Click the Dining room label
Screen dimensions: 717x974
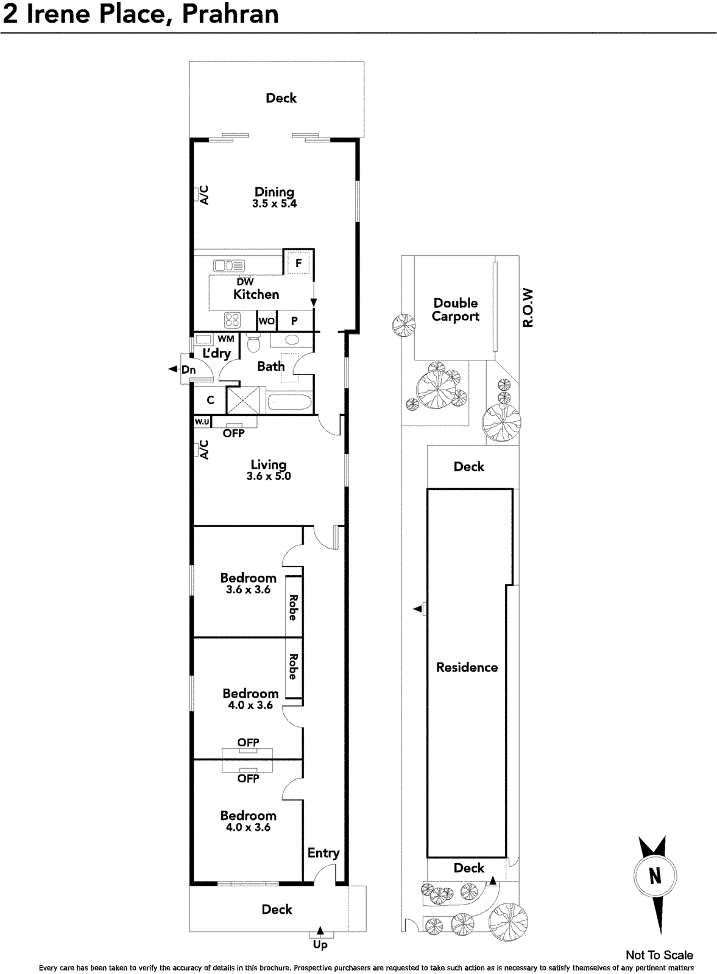tap(274, 192)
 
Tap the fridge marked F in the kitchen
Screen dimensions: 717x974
tap(298, 262)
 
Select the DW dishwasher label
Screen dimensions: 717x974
tap(245, 282)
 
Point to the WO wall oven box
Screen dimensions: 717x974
tap(267, 321)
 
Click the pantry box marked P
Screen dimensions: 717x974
tap(295, 321)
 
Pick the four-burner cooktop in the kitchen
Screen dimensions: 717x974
tap(232, 320)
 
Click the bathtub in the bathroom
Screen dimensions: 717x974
tap(290, 402)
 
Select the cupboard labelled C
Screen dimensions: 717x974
tap(210, 400)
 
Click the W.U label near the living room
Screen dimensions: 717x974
tap(202, 421)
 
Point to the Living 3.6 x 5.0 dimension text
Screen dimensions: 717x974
tap(269, 476)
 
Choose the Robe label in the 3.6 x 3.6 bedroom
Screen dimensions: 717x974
tap(294, 608)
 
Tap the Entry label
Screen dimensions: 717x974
tap(323, 853)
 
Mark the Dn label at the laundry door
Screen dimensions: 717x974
tap(188, 370)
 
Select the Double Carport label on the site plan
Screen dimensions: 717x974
tap(455, 310)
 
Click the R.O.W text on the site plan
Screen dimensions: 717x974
tap(528, 307)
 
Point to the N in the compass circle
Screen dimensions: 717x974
tap(655, 875)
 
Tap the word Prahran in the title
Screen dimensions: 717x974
tap(230, 14)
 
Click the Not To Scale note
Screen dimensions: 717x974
tap(659, 955)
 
